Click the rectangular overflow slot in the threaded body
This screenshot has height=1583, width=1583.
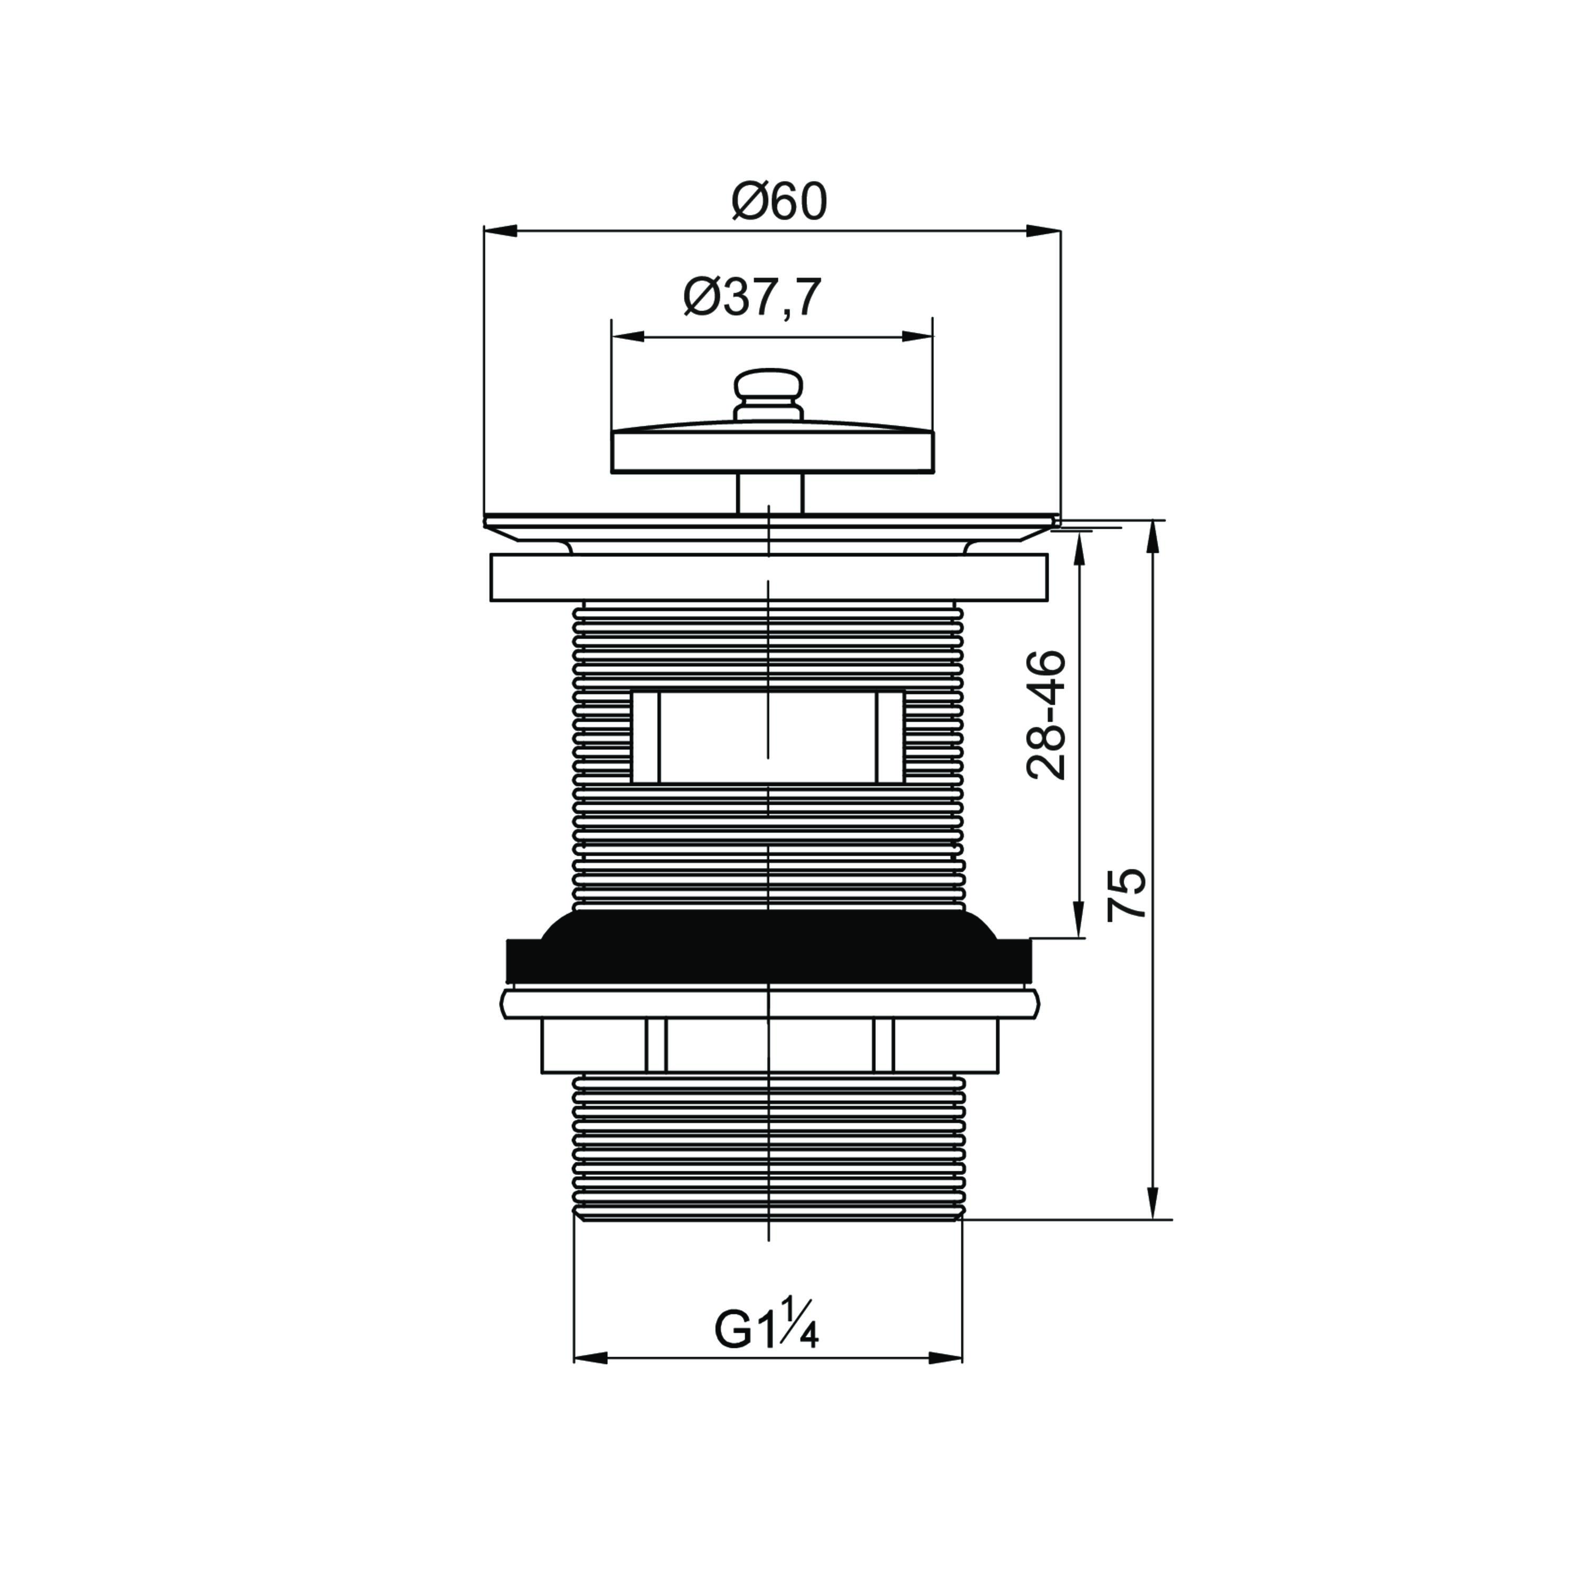[x=768, y=738]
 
